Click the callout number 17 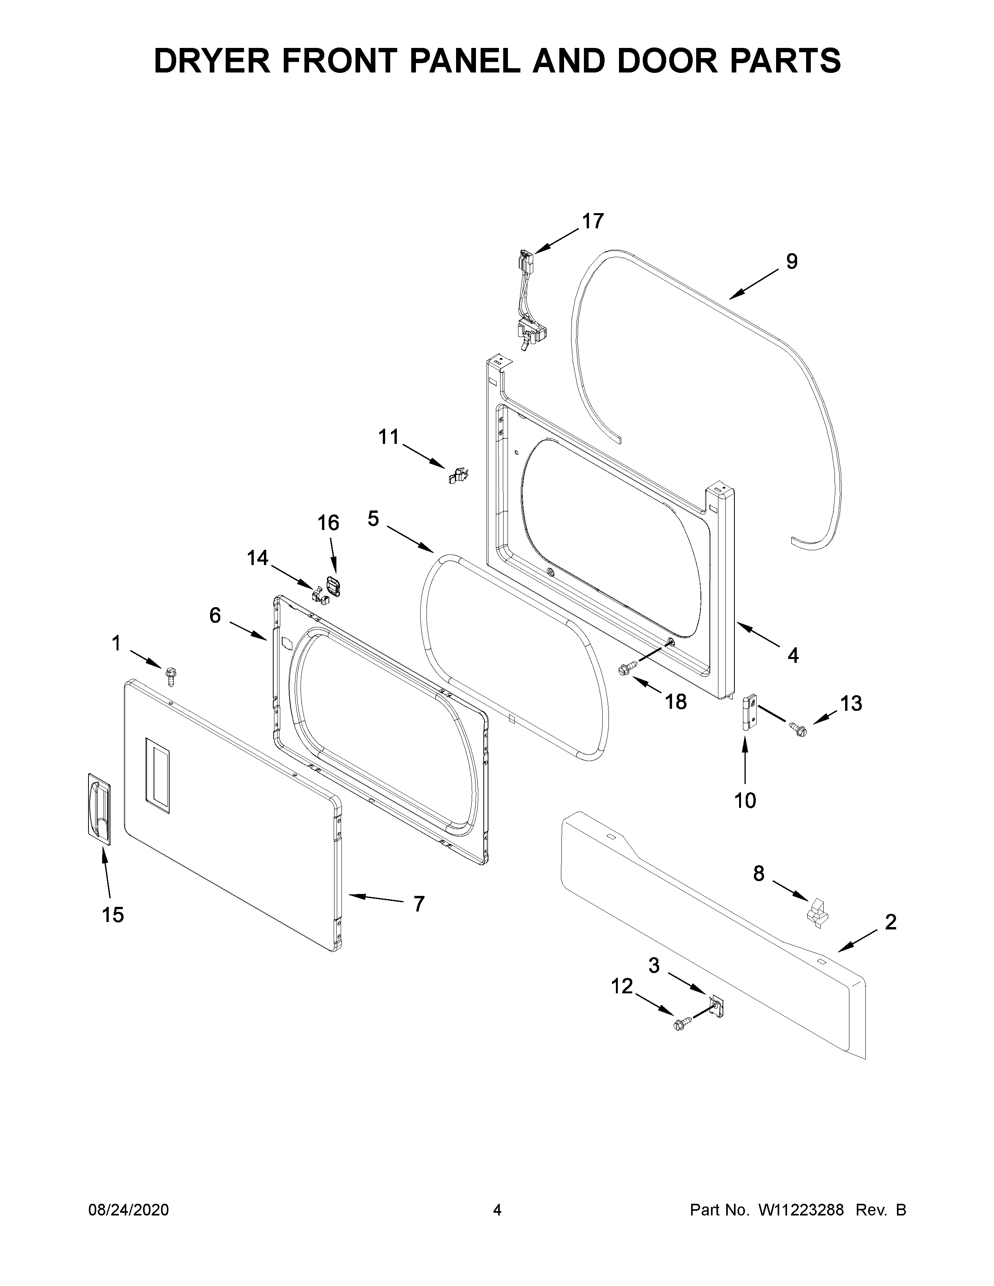pos(593,221)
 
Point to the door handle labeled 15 pos(99,810)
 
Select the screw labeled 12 pos(681,1025)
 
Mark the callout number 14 pos(257,558)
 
